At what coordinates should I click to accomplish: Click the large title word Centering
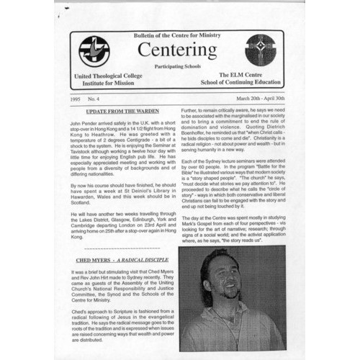pos(176,50)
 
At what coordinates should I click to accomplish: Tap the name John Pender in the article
pos(87,123)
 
